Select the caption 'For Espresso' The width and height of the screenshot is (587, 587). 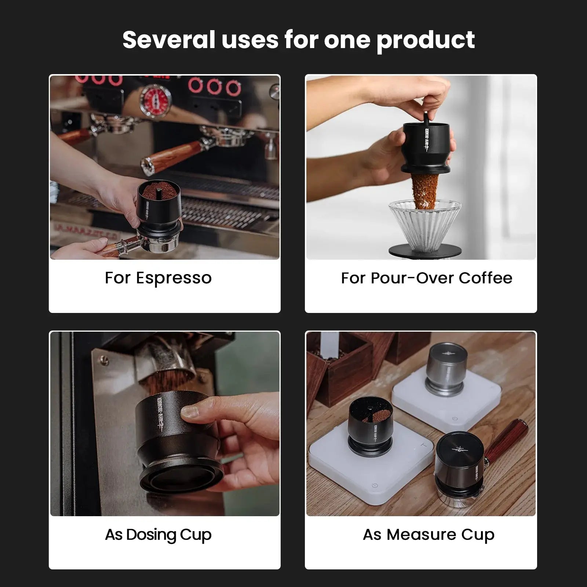tap(158, 278)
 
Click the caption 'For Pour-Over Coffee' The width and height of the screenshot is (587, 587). tap(426, 278)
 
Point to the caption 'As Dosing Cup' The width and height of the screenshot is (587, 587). tap(158, 535)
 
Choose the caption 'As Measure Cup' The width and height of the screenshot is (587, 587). tap(429, 535)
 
